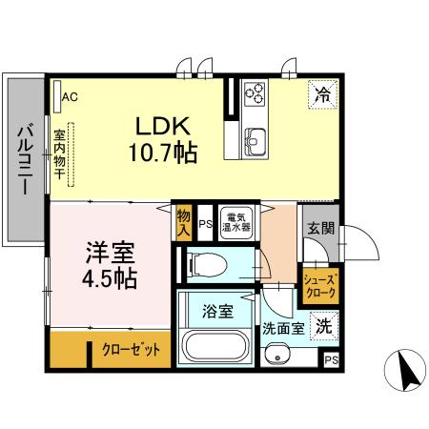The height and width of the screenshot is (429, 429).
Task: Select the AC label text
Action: [70, 95]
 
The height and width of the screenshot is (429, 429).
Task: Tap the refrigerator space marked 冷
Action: [322, 94]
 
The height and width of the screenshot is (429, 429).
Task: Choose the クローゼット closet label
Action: [131, 349]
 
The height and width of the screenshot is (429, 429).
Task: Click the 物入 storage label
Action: [184, 223]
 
